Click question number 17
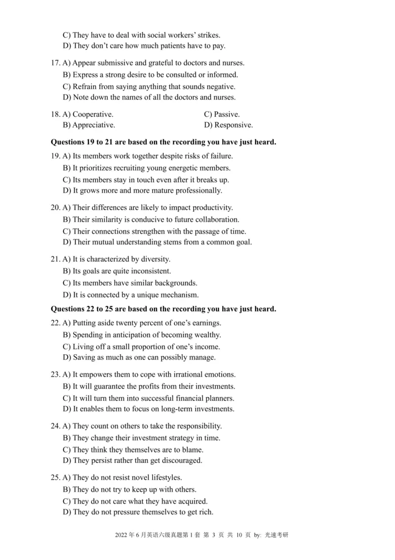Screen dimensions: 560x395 [x=55, y=63]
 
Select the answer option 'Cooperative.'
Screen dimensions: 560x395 [x=93, y=114]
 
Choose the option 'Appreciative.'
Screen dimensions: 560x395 [x=94, y=125]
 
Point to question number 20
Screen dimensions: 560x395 [x=55, y=208]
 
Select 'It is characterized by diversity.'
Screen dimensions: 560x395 [x=121, y=259]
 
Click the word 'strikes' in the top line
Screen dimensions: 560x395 [x=208, y=35]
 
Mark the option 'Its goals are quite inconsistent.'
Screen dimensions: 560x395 [x=121, y=271]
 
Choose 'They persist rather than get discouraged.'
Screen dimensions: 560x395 [x=137, y=461]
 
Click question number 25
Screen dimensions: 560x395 [x=55, y=478]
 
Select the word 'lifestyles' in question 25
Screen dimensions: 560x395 [x=165, y=478]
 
